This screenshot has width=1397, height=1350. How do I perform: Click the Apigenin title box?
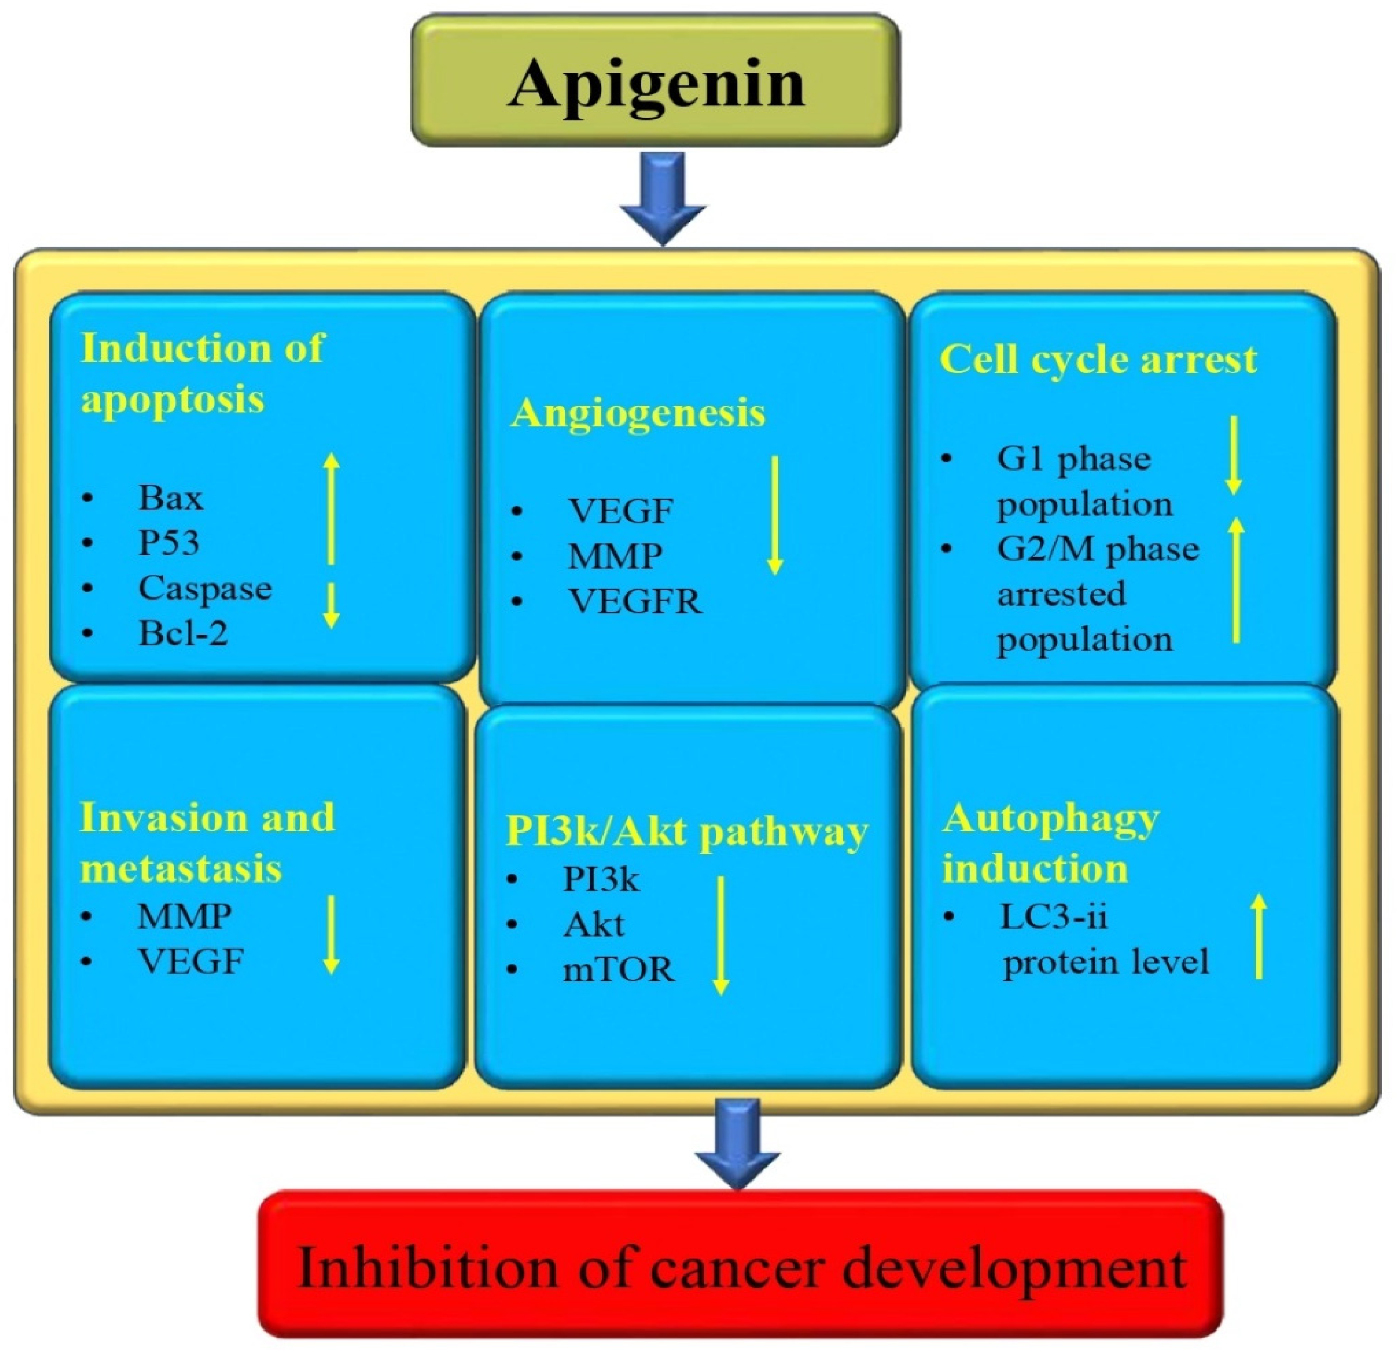(x=656, y=80)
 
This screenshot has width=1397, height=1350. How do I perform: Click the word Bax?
(x=170, y=498)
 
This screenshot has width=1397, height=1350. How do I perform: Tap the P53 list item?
(x=168, y=543)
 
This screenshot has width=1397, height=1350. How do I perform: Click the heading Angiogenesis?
(x=638, y=413)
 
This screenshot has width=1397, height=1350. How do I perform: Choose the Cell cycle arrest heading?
(x=1098, y=359)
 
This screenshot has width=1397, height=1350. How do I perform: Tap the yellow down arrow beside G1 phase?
(x=1233, y=456)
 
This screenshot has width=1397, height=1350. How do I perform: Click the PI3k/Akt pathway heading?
(x=687, y=831)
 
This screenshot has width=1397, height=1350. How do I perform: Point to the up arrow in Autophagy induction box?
(x=1259, y=936)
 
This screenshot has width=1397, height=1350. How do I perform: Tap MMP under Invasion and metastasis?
(x=184, y=916)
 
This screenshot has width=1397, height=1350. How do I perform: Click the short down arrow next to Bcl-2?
(x=331, y=606)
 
